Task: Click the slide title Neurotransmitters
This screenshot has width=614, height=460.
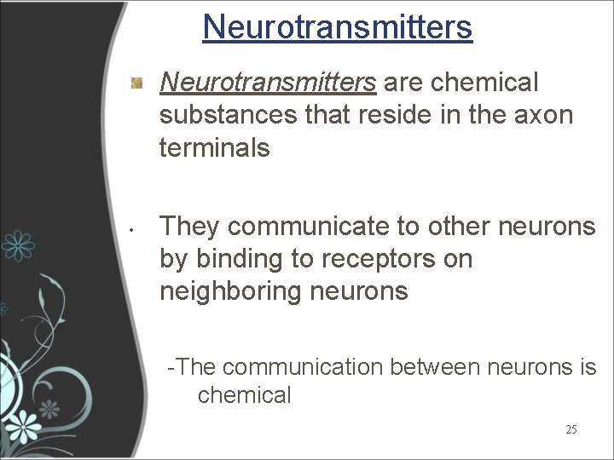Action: tap(337, 26)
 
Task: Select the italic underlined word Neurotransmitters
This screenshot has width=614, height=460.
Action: tap(268, 83)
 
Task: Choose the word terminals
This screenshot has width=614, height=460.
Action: tap(214, 148)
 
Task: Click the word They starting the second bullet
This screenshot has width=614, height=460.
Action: tap(190, 226)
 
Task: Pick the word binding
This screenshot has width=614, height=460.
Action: tap(241, 259)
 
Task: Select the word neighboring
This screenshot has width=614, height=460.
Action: tap(229, 292)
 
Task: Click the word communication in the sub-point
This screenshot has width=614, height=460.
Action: tap(302, 367)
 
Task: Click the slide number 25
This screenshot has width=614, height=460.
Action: tap(571, 429)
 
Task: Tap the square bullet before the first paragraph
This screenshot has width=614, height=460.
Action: tap(136, 83)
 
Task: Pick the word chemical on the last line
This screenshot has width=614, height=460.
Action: tap(245, 395)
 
